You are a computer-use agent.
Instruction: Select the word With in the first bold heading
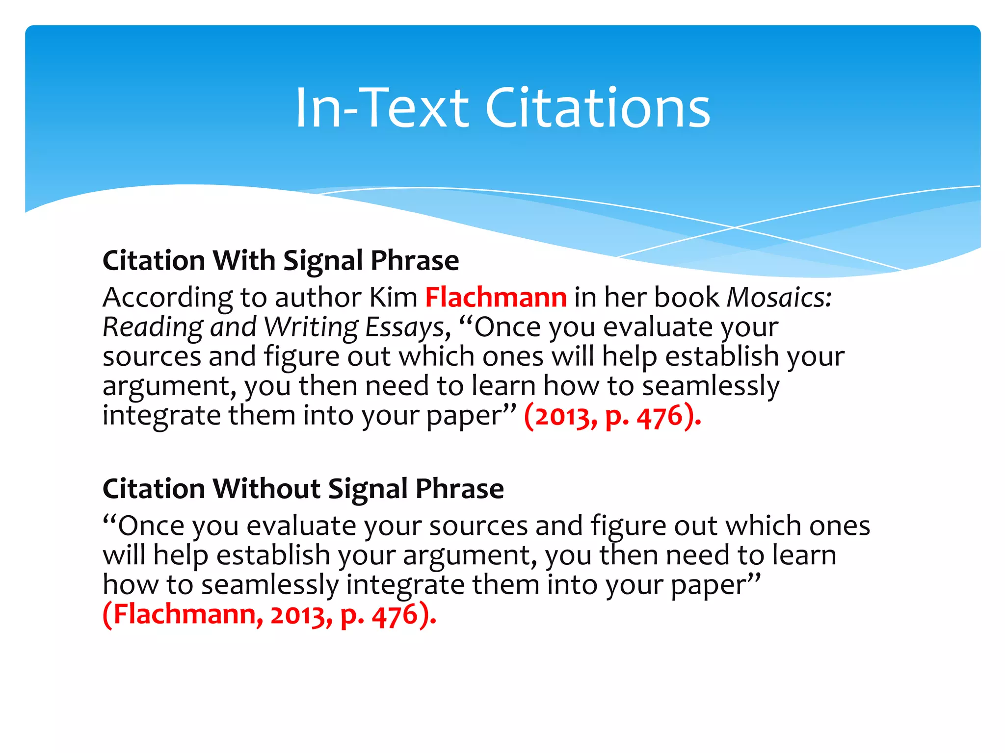pos(243,260)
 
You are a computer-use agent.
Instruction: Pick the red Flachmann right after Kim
pos(496,298)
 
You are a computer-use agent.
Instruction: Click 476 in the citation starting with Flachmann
pos(395,615)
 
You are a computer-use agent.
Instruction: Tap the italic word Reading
pos(152,327)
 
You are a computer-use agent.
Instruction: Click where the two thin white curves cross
pos(735,227)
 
